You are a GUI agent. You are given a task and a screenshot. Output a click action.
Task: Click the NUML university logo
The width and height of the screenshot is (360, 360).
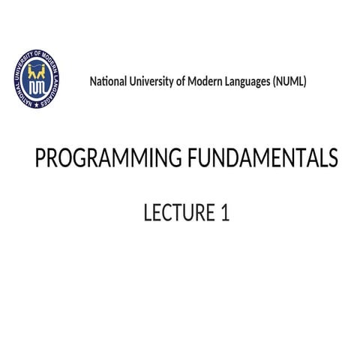coord(37,78)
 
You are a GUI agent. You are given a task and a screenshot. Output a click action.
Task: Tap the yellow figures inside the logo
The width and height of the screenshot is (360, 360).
coord(37,70)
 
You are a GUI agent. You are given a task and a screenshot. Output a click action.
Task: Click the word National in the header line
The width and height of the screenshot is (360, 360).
coord(108,81)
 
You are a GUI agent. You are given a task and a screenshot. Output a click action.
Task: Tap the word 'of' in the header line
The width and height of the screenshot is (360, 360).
coord(181,81)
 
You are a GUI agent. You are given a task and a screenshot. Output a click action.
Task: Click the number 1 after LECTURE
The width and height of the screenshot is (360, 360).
coord(224,214)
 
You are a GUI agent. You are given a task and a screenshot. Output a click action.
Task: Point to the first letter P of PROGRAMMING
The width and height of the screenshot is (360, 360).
coord(41,159)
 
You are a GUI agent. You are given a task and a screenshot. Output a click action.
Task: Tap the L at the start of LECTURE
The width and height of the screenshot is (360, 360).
coord(148,214)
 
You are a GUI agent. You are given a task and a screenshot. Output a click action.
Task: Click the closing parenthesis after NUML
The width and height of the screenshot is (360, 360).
coord(305,81)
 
